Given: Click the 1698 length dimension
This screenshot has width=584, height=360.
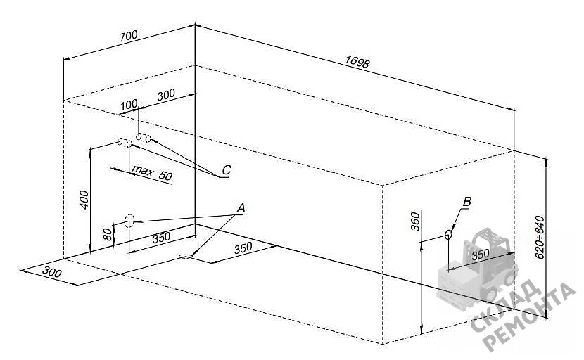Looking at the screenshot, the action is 357,62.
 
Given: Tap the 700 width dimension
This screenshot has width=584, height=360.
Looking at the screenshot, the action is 129,36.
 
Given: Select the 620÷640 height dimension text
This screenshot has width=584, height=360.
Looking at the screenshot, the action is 540,237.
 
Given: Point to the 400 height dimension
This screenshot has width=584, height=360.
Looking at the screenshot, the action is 84,200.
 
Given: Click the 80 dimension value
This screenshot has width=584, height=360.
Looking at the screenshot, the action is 107,234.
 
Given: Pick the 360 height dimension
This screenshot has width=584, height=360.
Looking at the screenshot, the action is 415,221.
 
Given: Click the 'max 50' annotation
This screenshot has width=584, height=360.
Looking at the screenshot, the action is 152,173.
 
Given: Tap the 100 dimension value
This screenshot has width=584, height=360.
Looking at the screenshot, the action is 129,105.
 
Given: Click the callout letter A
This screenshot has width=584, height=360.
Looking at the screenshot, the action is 241,208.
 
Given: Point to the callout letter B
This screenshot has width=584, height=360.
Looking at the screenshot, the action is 466,202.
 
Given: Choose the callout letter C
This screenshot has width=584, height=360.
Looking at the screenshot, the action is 227,170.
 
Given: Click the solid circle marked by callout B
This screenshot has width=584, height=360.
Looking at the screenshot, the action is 448,234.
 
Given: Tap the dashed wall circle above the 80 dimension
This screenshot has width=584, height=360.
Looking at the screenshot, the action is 129,220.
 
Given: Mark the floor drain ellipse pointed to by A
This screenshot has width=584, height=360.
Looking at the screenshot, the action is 186,256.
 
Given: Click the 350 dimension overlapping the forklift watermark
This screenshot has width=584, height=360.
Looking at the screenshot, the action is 481,255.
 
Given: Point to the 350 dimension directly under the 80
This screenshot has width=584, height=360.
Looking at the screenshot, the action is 161,237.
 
